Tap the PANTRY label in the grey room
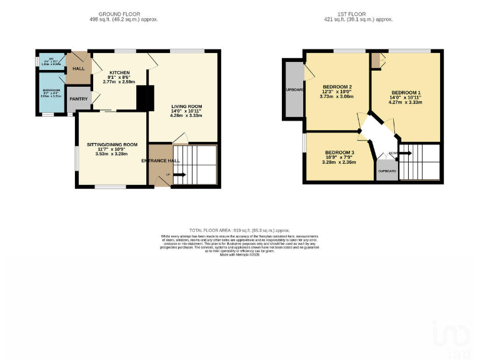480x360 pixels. (x=79, y=99)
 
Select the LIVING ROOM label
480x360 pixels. (x=187, y=106)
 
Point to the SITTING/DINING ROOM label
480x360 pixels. (x=112, y=144)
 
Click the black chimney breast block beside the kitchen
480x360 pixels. (x=145, y=98)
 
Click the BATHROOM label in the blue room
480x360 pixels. (x=51, y=90)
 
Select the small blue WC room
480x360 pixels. (x=50, y=61)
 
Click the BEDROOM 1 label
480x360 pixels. (x=406, y=92)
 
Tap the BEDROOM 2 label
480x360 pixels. (x=337, y=87)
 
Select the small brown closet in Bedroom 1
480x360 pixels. (x=375, y=61)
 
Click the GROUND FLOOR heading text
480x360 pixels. (x=119, y=14)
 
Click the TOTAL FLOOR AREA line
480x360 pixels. (x=240, y=230)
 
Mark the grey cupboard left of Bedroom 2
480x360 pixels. (x=293, y=89)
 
